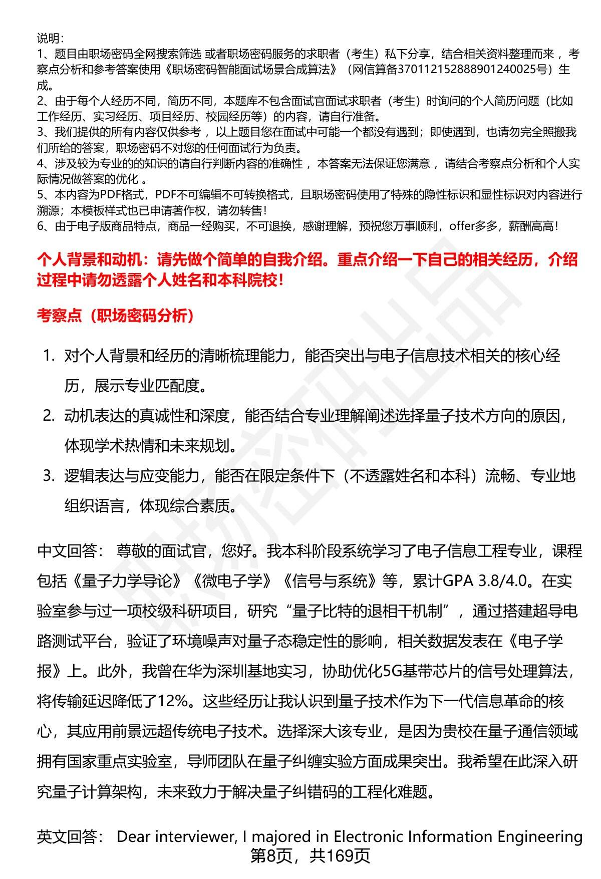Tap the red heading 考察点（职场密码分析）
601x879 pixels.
click(x=116, y=316)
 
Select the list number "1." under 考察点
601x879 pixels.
click(x=49, y=356)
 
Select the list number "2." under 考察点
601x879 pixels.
click(x=49, y=416)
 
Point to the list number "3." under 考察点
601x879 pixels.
click(x=49, y=476)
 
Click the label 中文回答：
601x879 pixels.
click(x=71, y=551)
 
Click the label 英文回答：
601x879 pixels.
click(x=71, y=836)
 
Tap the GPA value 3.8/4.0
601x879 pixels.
click(x=503, y=581)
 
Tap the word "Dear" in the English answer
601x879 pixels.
click(x=134, y=836)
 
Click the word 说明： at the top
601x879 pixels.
click(x=50, y=38)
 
